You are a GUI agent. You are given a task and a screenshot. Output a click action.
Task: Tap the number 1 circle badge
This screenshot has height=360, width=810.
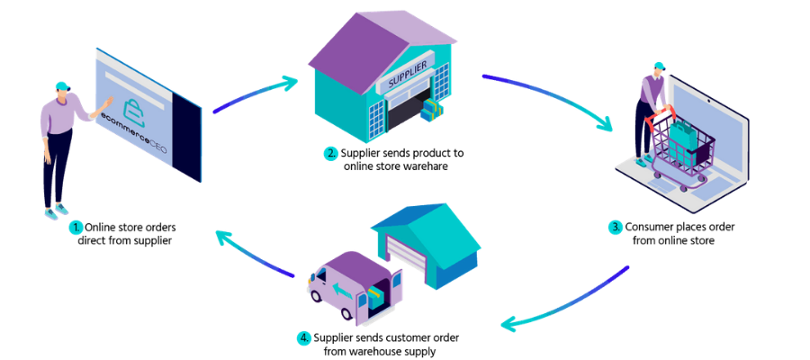click(x=76, y=229)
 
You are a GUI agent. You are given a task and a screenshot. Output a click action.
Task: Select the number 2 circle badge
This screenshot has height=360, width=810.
click(x=330, y=153)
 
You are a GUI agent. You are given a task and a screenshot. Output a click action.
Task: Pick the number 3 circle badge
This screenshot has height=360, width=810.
click(x=616, y=228)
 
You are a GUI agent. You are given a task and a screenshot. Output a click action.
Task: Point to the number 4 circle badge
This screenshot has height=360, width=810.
click(x=303, y=338)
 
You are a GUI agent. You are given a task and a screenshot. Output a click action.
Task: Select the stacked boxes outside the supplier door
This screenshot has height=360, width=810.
click(x=433, y=111)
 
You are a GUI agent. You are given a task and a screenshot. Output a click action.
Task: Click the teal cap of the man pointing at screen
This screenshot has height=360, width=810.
click(x=62, y=86)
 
